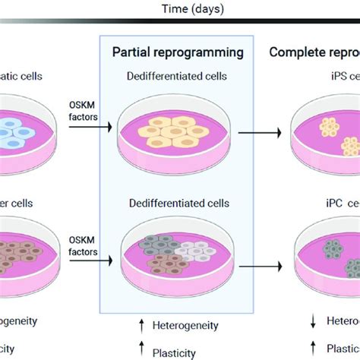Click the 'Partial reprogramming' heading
click(x=178, y=52)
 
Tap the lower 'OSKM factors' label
click(x=84, y=248)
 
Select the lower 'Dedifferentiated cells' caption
click(x=178, y=204)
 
